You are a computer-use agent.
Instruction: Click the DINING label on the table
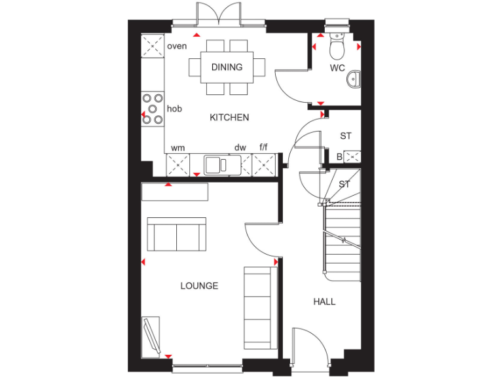[x=227, y=67]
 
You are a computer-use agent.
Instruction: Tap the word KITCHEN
[x=229, y=118]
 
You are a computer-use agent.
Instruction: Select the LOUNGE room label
[x=200, y=286]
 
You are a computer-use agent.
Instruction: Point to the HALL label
[x=324, y=302]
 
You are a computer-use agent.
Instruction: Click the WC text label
[x=337, y=68]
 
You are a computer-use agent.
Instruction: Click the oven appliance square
[x=154, y=46]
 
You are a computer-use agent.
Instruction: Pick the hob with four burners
[x=153, y=109]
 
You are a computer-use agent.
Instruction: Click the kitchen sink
[x=219, y=165]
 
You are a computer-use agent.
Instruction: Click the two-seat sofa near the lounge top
[x=176, y=234]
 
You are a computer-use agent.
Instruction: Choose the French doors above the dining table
[x=219, y=14]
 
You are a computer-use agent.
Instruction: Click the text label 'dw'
[x=240, y=149]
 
